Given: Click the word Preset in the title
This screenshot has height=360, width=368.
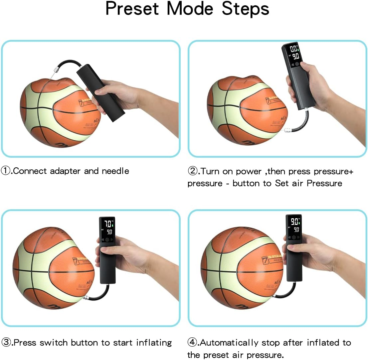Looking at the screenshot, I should (133, 9).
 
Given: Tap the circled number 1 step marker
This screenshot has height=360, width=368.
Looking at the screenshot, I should (6, 171).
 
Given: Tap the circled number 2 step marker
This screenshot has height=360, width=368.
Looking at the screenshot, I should (193, 171).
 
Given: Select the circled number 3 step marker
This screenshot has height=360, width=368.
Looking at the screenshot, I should (6, 342).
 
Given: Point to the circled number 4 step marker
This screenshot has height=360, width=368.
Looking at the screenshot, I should (193, 343).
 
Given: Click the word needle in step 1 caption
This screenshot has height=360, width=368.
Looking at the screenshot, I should (115, 171).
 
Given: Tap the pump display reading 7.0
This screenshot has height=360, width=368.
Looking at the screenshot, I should (108, 223).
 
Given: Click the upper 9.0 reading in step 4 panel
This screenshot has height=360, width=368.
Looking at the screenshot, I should (294, 221).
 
